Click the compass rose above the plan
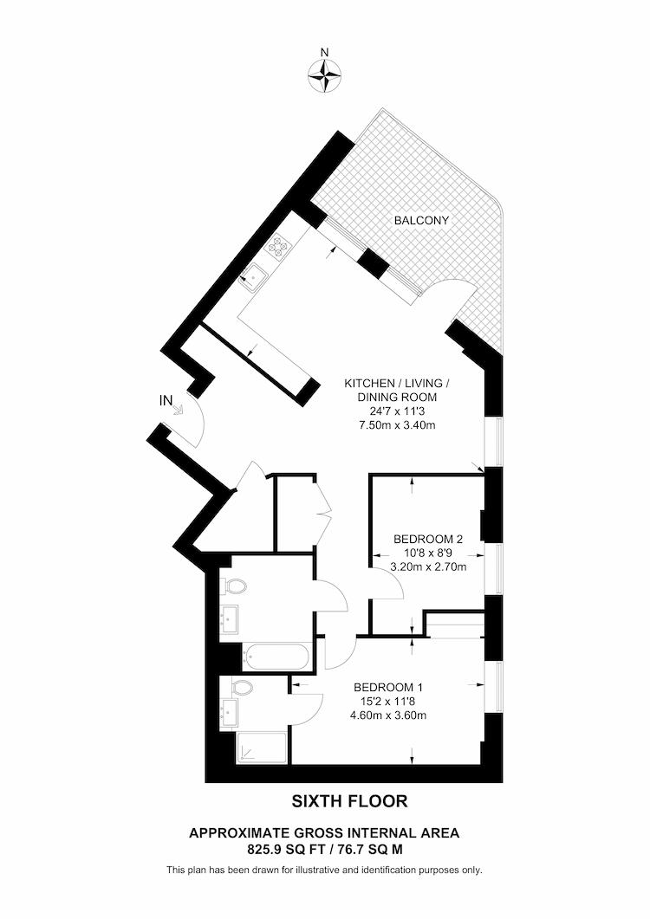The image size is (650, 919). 324,76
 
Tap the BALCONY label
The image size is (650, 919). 422,221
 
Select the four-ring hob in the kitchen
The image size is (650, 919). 280,248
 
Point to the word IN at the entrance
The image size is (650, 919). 166,400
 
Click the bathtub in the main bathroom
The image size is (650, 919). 276,657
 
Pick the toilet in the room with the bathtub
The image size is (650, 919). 233,586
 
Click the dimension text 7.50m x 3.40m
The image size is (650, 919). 397,425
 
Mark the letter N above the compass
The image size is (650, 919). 324,52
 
